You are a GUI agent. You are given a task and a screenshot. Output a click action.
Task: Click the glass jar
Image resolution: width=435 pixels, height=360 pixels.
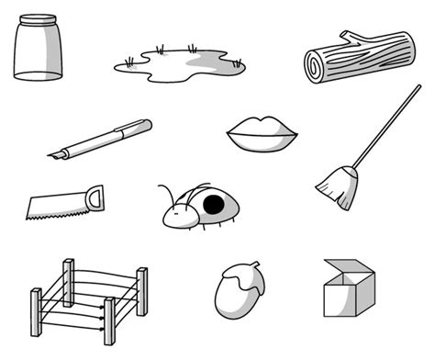tap(40, 51)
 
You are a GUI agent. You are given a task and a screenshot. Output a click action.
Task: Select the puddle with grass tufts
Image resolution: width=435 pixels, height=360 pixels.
tap(180, 63)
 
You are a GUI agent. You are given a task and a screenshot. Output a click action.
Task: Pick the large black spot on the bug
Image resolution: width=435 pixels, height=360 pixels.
tap(214, 204)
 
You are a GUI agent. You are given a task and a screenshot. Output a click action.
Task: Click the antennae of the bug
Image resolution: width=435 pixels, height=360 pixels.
tap(167, 195)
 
